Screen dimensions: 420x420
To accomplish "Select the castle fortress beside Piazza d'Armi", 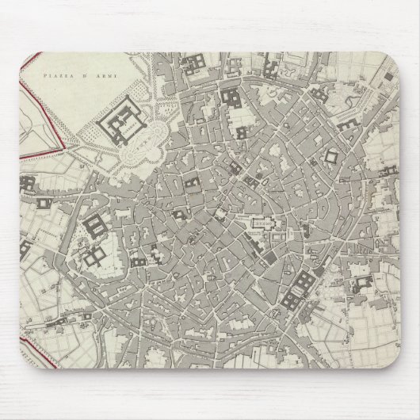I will [x=121, y=123].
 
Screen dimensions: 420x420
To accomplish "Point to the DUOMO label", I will [x=262, y=223].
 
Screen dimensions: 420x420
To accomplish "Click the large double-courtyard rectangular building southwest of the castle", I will [x=93, y=227].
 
